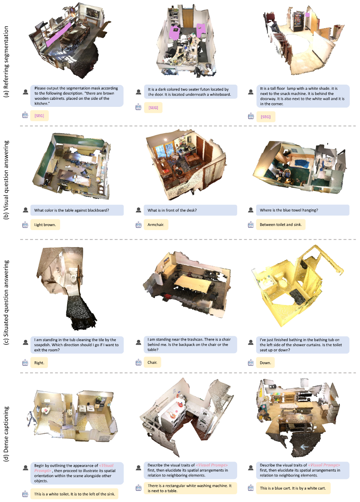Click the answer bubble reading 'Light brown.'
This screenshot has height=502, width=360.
[x=45, y=224]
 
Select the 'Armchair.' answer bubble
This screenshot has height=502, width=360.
[x=156, y=224]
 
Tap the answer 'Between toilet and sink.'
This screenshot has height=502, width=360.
[x=281, y=224]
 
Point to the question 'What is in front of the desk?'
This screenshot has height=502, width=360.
[x=190, y=210]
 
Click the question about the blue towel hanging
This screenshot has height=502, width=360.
[x=303, y=210]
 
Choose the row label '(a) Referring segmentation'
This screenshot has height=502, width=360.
[x=6, y=62]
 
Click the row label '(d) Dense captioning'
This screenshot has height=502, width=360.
[x=6, y=434]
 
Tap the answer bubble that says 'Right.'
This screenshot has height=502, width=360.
[x=39, y=363]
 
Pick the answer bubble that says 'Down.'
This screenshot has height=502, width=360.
[x=265, y=363]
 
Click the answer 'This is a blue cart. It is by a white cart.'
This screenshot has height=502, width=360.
[x=293, y=488]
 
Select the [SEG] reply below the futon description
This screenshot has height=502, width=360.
[x=153, y=108]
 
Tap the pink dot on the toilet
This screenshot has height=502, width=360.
[x=46, y=410]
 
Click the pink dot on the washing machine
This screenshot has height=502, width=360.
[x=176, y=411]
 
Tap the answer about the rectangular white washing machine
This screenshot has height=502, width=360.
[x=190, y=488]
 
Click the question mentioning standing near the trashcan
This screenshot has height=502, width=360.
[x=190, y=344]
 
